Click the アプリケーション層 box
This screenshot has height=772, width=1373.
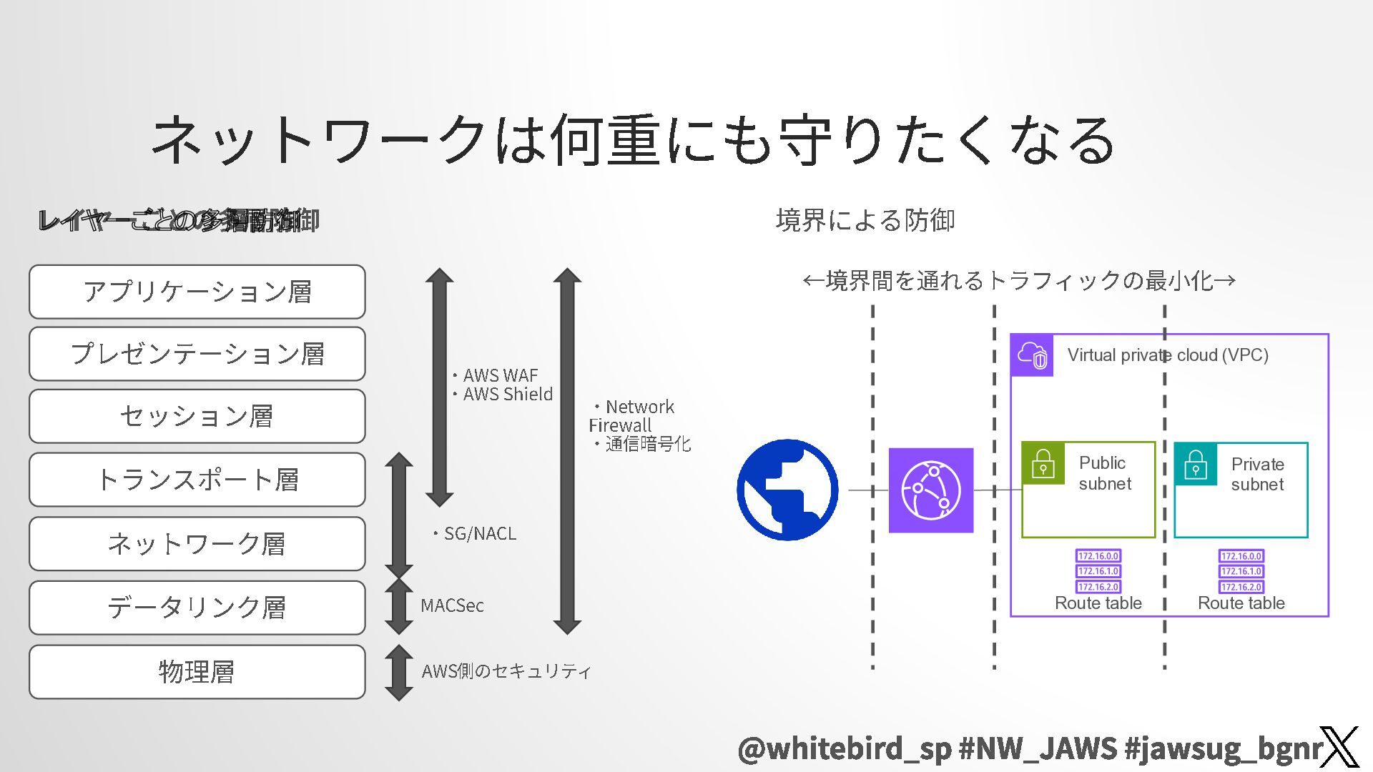tap(197, 292)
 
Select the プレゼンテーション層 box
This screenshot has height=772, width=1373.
tap(197, 354)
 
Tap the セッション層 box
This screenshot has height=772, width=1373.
tap(197, 416)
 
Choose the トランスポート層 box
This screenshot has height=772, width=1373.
tap(197, 479)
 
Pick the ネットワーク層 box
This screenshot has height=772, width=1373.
tap(197, 543)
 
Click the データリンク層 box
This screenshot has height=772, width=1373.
tap(197, 607)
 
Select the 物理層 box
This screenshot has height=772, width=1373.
tap(197, 671)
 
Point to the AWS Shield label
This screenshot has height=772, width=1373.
tap(507, 394)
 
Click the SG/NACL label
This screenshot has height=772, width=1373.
tap(479, 533)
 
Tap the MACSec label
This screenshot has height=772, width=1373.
tap(452, 605)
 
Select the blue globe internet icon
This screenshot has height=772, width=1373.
tap(787, 490)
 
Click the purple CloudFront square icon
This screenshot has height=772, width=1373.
tap(930, 490)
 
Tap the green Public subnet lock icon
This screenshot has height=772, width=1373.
tap(1043, 463)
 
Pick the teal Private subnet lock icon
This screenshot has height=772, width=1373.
tap(1196, 464)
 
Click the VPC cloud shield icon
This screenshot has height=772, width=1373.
tap(1032, 355)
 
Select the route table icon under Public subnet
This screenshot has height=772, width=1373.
tap(1098, 570)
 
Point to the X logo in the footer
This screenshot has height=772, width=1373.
tap(1339, 747)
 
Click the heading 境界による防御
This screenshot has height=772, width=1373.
tap(865, 220)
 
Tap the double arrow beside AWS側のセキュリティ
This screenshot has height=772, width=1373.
tap(399, 672)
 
